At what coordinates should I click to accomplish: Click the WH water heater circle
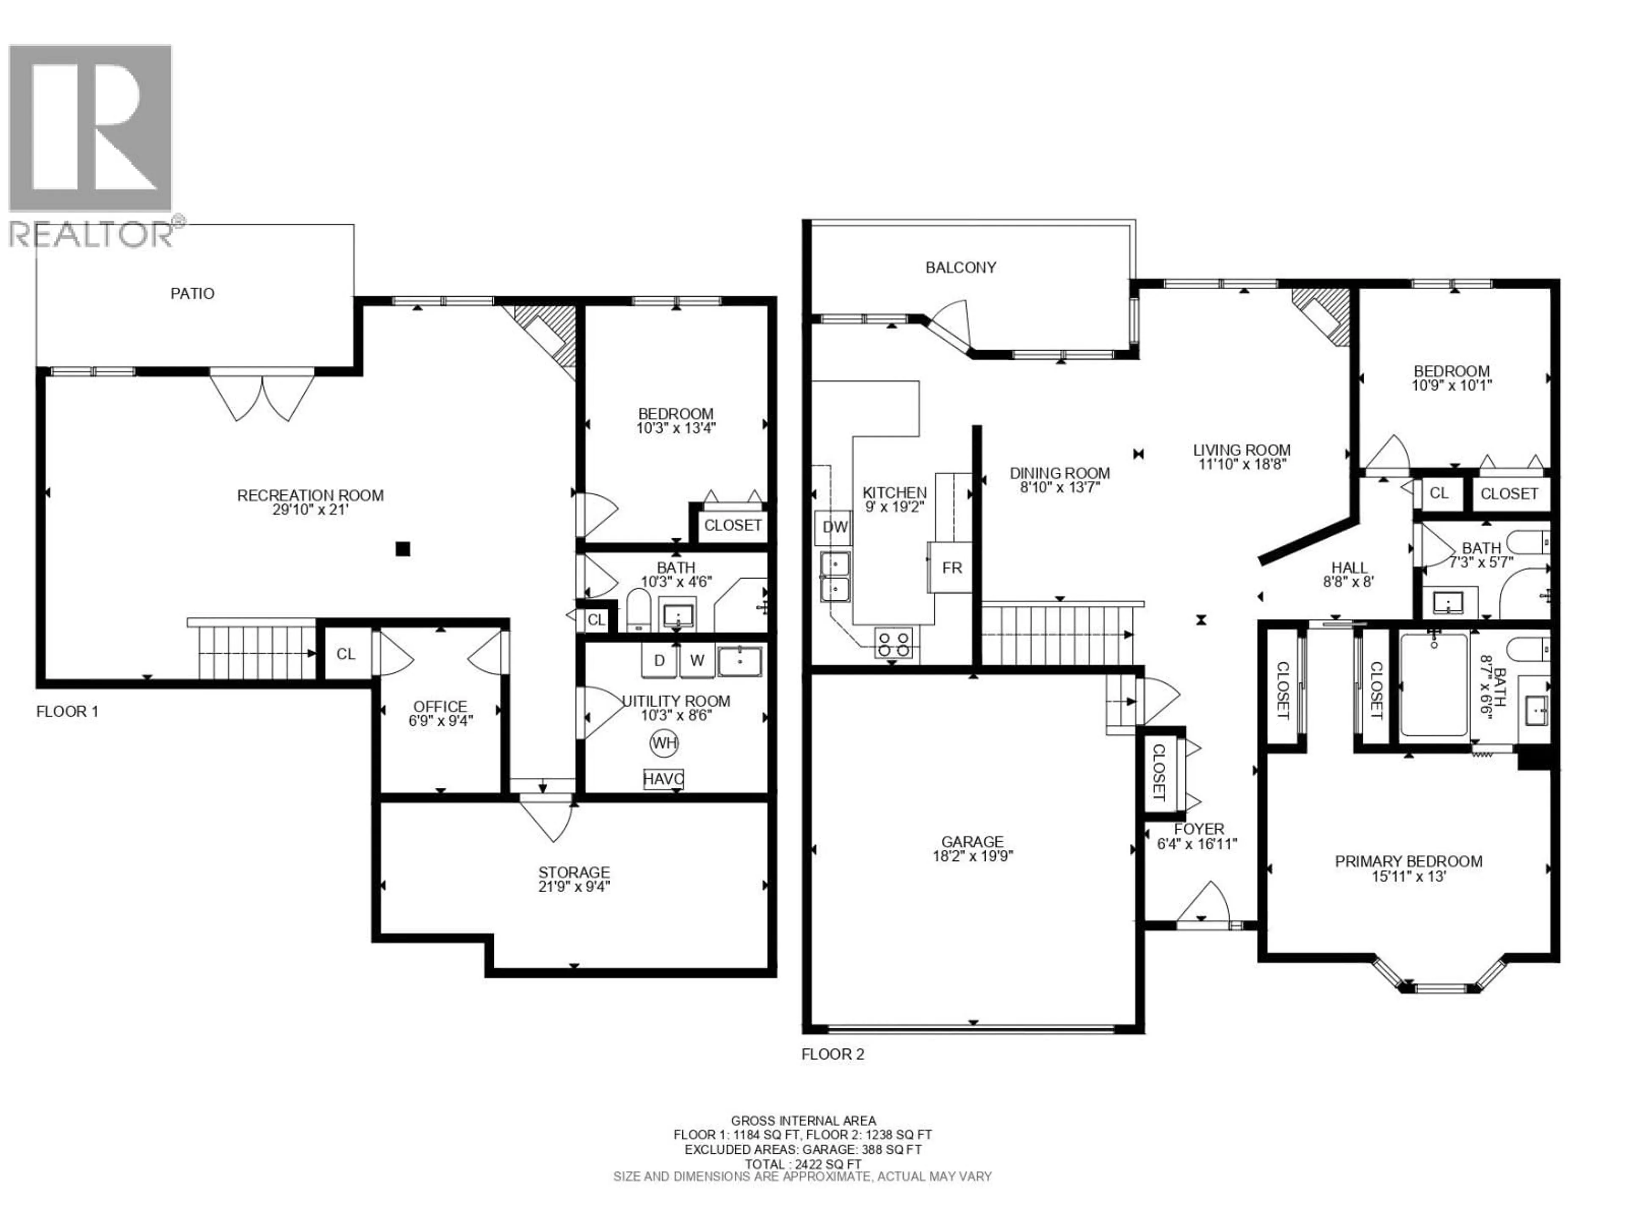click(664, 743)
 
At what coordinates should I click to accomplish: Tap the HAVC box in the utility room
click(663, 779)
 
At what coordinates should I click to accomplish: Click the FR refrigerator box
click(951, 568)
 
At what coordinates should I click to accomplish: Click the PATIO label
click(193, 294)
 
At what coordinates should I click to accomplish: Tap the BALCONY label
click(961, 268)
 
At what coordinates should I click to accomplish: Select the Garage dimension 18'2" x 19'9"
click(973, 856)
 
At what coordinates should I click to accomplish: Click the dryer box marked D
click(659, 660)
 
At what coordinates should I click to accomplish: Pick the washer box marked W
click(697, 660)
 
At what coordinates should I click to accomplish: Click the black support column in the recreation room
click(402, 549)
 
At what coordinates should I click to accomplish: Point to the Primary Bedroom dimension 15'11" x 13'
click(1408, 876)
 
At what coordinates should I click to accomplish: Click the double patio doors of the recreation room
click(263, 397)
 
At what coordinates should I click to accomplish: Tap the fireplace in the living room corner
click(1323, 315)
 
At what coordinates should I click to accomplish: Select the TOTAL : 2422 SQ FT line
click(803, 1185)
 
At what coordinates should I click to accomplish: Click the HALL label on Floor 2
click(1349, 568)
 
